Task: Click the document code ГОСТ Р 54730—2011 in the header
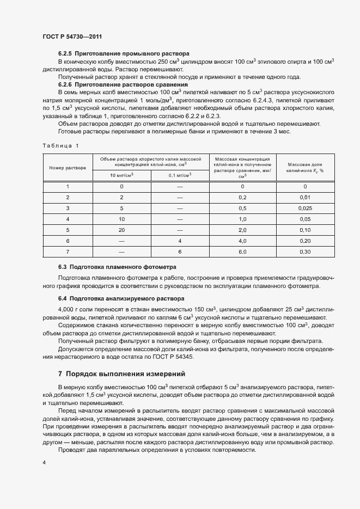point(72,36)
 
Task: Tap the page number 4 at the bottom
point(44,462)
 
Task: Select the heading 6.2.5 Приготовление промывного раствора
point(124,54)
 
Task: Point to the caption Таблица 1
point(60,145)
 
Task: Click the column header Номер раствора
point(68,168)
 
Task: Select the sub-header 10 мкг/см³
point(121,175)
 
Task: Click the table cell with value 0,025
point(305,208)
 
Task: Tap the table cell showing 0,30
point(305,252)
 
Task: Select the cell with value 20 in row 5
point(121,230)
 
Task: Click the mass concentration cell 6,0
point(242,252)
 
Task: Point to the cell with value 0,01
point(305,197)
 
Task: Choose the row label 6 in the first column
point(68,241)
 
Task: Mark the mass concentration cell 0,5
point(242,208)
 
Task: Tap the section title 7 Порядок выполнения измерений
point(121,374)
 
